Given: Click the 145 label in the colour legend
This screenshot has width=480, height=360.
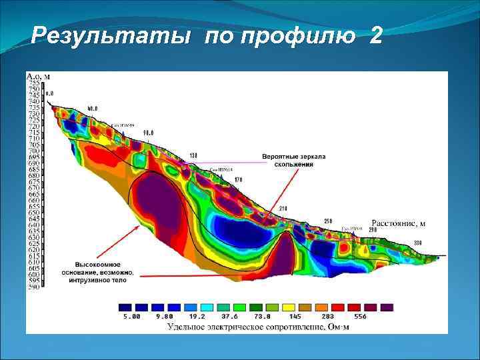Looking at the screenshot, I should coord(297,317).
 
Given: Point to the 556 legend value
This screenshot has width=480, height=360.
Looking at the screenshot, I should coord(361,317).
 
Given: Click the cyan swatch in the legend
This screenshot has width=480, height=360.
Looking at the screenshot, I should coord(207,308).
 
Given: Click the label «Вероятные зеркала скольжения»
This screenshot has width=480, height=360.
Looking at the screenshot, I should coord(294,160).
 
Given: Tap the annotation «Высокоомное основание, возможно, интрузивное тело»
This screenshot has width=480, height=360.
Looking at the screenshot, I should coord(104,272).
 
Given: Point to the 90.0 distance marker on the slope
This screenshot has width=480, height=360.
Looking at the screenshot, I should coord(148,133).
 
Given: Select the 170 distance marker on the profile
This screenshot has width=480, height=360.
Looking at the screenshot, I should coord(238,180).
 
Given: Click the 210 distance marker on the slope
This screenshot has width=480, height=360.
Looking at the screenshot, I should coord(282,209).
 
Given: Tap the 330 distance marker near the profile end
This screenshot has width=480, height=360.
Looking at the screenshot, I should coord(417,242).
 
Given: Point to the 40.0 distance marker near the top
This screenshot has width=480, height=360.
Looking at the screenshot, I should coord(92,107).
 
